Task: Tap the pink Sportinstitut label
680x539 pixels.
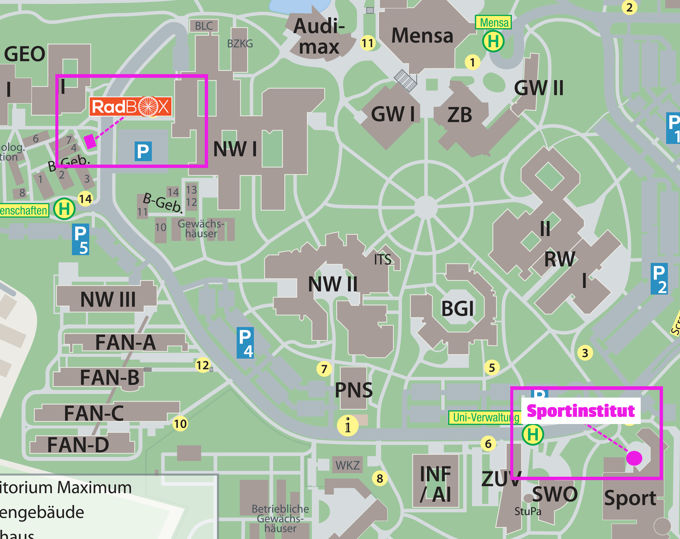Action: (x=581, y=411)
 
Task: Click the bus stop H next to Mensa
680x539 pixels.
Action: (x=493, y=41)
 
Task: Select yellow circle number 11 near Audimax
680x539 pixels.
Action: (x=368, y=43)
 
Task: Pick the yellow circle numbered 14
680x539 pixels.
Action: (x=85, y=199)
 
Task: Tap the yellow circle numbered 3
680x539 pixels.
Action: (x=585, y=353)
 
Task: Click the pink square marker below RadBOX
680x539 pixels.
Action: (x=90, y=141)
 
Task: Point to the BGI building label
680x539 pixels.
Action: (x=457, y=308)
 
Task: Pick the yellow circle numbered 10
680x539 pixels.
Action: (x=180, y=423)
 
